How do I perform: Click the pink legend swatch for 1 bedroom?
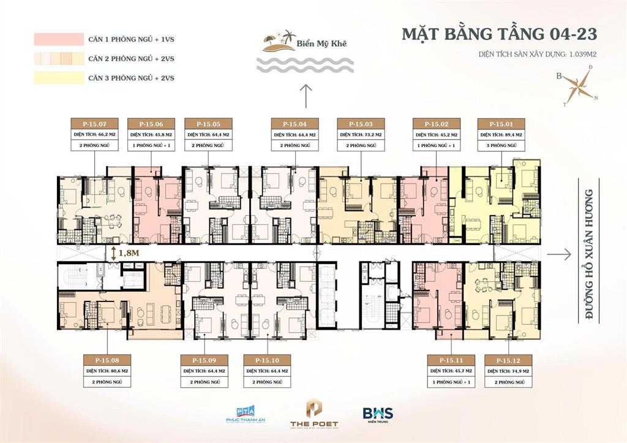pyautogui.click(x=58, y=40)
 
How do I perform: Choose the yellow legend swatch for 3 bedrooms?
pyautogui.click(x=58, y=78)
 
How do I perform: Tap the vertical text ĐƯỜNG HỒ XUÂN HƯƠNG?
pyautogui.click(x=590, y=253)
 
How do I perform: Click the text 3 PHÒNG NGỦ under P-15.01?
pyautogui.click(x=498, y=145)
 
